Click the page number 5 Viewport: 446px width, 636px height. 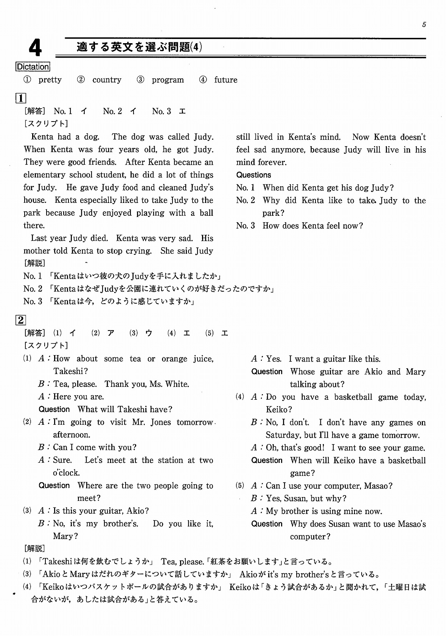(x=424, y=25)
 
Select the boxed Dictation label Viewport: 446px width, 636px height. (x=33, y=67)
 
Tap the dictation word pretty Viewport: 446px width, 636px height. (x=50, y=80)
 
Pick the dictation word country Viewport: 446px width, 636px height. (x=107, y=80)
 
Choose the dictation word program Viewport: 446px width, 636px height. (x=168, y=80)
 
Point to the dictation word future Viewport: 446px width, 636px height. (x=225, y=80)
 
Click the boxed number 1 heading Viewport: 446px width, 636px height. (x=20, y=98)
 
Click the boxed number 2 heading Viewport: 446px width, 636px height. (x=20, y=320)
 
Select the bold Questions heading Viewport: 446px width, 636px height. (x=253, y=175)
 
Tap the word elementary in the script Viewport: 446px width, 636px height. (x=44, y=175)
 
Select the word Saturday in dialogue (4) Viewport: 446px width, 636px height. (x=283, y=435)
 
